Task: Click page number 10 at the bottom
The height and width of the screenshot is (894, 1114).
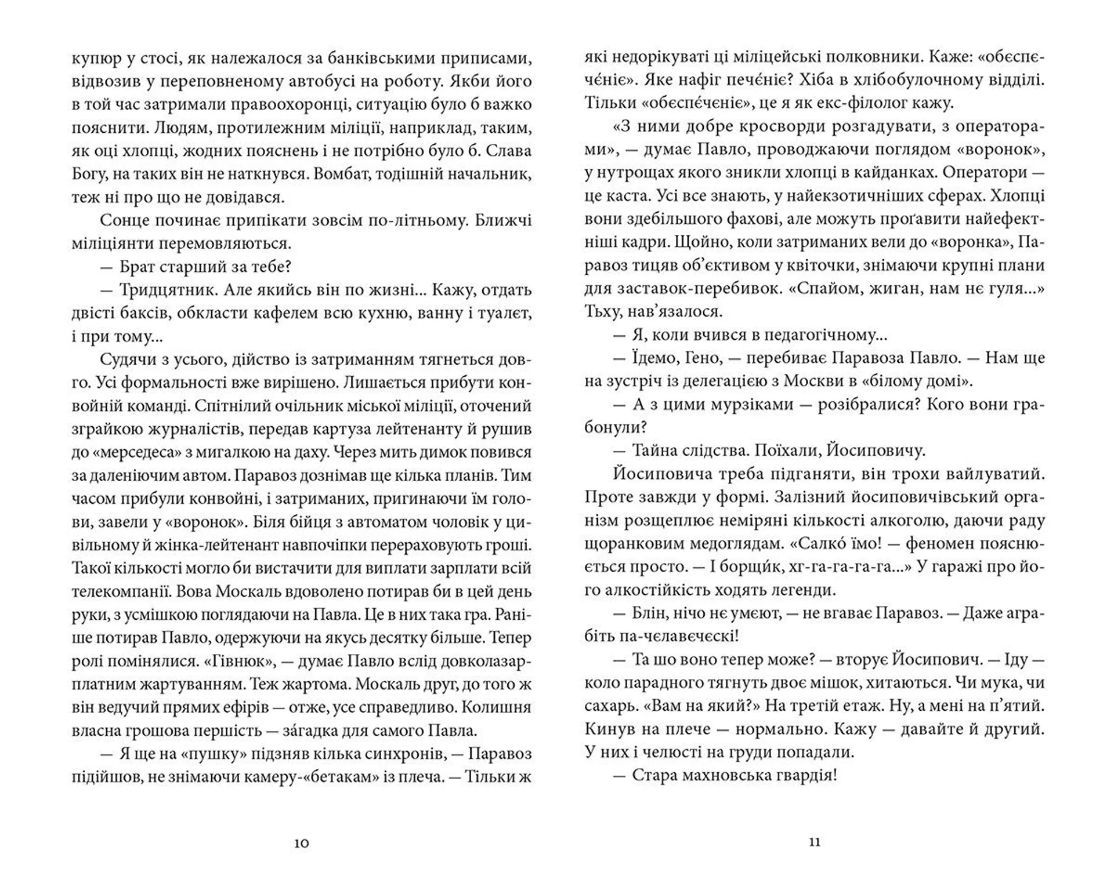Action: pyautogui.click(x=301, y=843)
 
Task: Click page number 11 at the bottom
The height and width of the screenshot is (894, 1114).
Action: pyautogui.click(x=815, y=842)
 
